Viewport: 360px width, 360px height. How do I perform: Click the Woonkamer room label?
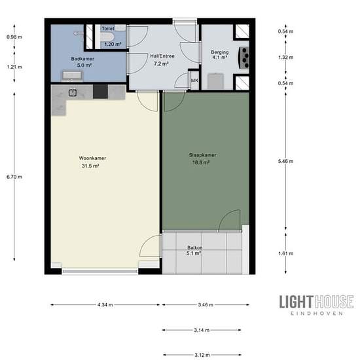92,158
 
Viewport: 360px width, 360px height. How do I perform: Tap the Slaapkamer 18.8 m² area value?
201,163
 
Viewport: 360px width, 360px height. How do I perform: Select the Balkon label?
194,247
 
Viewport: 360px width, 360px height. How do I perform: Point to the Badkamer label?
82,59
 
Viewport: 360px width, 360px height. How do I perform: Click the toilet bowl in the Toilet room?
107,37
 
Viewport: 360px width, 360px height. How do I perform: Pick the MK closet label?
194,81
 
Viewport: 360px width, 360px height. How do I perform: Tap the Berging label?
220,52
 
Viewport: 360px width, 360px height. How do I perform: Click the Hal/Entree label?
162,56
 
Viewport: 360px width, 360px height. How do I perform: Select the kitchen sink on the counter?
73,93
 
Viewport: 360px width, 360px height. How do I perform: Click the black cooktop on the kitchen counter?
100,92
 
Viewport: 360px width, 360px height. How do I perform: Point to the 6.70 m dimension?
14,177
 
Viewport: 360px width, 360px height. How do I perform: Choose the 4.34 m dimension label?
105,305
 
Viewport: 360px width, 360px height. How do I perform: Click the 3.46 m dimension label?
206,305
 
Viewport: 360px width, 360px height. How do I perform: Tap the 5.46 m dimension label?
285,162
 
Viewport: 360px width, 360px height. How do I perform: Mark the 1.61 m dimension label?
285,253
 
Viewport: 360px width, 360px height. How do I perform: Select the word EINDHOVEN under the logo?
317,313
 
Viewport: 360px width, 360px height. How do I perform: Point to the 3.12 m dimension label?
202,355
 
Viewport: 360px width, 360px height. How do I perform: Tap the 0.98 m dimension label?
14,37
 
